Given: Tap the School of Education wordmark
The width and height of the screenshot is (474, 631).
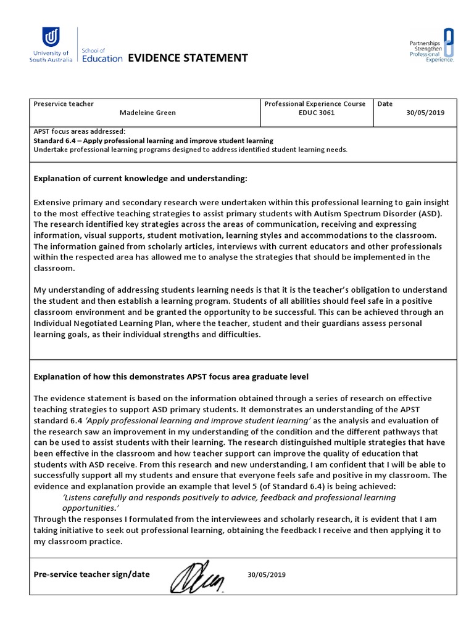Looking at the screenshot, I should coord(102,54).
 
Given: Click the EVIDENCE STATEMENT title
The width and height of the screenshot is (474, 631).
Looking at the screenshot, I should coord(188,58).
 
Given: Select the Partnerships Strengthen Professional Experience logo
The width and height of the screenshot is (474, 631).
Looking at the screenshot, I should coord(432,46).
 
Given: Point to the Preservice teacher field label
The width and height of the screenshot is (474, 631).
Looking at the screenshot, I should coord(64,104).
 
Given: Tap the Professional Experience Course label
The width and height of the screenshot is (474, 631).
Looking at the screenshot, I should coord(315,104).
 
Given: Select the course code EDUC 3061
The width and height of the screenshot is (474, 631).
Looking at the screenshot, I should coord(315,113).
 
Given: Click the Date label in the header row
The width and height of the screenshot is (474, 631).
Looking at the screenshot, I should coord(385,104).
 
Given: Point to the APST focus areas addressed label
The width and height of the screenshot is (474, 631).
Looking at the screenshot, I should coord(79,131).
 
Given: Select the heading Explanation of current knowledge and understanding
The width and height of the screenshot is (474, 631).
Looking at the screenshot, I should coord(140,179).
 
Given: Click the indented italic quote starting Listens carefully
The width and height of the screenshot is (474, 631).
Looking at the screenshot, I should coord(228,503).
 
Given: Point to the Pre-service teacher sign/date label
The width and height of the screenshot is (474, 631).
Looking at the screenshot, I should coord(91,574).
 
